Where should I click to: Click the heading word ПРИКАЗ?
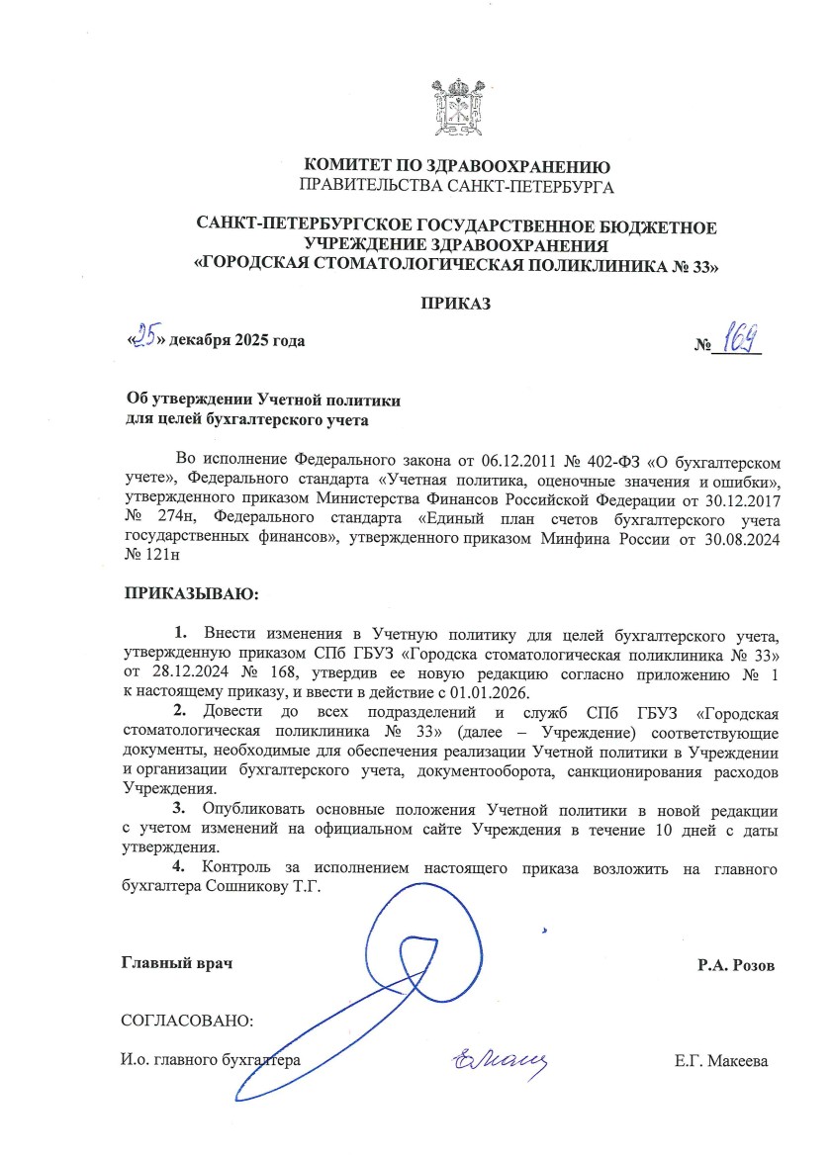tap(456, 303)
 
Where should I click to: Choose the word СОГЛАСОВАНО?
tap(187, 1019)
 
